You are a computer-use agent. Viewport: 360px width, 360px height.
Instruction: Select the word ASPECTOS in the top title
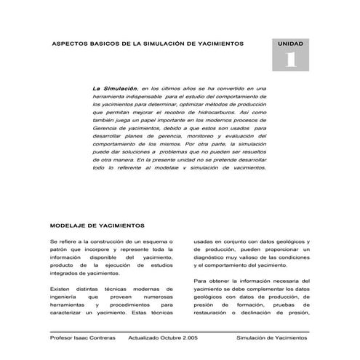[x=70, y=44]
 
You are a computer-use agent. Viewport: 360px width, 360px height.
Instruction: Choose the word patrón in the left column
[x=60, y=250]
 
